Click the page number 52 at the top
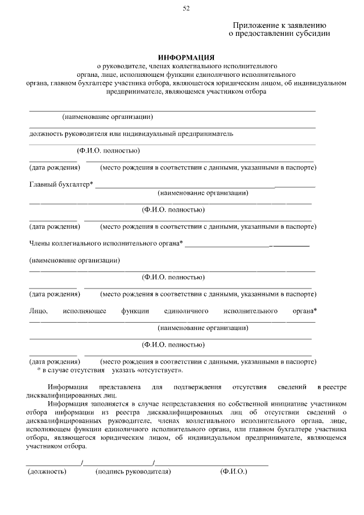point(186,7)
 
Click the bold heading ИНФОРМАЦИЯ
point(186,57)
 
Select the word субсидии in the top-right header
point(312,34)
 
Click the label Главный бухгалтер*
point(61,184)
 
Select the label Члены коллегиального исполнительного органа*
point(106,244)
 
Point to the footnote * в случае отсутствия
point(71,370)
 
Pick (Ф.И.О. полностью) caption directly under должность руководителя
point(109,151)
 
